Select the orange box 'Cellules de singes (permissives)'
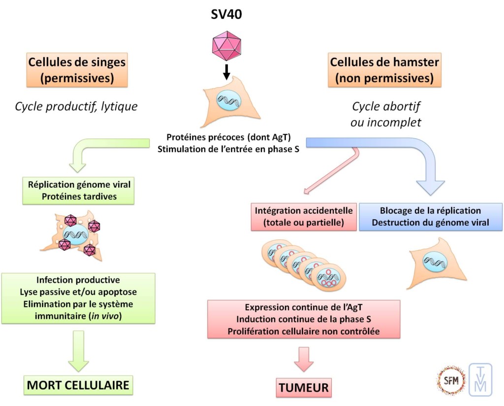(77, 70)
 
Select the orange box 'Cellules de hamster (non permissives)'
(384, 70)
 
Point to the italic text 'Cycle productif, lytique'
(76, 106)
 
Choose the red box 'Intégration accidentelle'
(304, 216)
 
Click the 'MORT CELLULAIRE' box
(78, 384)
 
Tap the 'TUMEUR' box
(303, 387)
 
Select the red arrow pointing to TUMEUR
(303, 359)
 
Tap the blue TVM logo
(480, 379)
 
